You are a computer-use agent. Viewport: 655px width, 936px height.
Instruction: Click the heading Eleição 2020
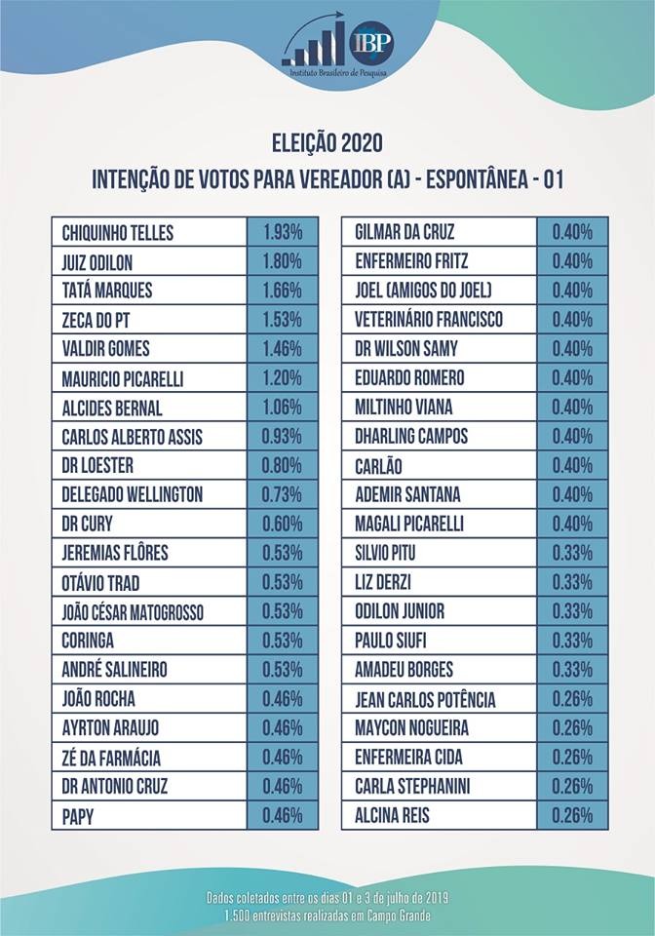click(x=327, y=143)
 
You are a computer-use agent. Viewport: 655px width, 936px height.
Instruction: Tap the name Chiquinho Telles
click(x=118, y=232)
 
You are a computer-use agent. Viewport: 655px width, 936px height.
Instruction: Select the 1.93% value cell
click(x=283, y=232)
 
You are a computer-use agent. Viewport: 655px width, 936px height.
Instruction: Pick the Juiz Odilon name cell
click(x=97, y=261)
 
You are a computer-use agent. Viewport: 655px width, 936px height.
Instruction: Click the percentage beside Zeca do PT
click(x=283, y=320)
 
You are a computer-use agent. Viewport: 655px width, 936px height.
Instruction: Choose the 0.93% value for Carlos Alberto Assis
click(x=283, y=437)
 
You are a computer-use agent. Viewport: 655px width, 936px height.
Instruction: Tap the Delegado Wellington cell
click(x=133, y=495)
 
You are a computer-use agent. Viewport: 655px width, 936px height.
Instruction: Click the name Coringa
click(x=88, y=641)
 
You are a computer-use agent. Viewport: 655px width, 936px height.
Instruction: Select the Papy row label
click(x=78, y=816)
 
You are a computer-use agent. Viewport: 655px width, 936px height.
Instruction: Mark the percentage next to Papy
click(x=283, y=816)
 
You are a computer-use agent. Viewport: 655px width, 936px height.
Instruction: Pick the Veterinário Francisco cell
click(x=430, y=320)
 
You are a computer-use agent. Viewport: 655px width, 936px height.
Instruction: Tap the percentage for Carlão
click(x=572, y=466)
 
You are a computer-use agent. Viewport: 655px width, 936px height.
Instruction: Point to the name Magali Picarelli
click(x=409, y=525)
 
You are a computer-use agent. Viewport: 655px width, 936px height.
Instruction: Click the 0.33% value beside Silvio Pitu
click(x=572, y=553)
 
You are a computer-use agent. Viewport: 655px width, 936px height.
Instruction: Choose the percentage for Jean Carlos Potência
click(x=572, y=699)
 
